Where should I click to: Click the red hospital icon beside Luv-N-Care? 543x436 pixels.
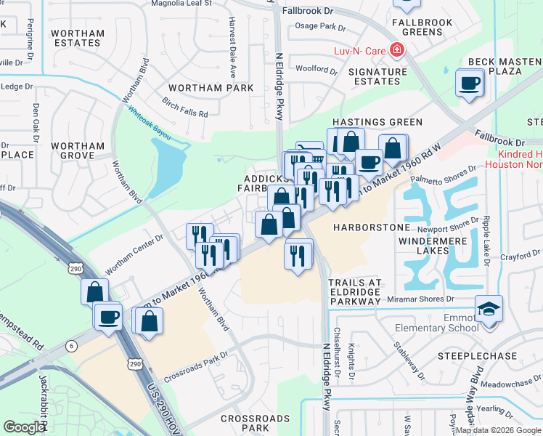tap(396, 50)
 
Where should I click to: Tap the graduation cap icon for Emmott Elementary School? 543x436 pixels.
tap(489, 308)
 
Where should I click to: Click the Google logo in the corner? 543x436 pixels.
tap(24, 427)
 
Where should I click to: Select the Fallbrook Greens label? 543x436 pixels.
tap(422, 28)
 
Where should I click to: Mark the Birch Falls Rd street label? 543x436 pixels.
tap(185, 108)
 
